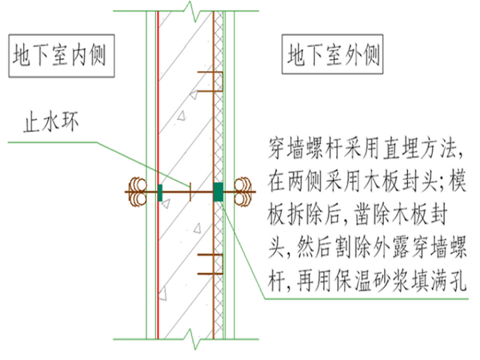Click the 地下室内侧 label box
point(61,56)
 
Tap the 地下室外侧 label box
point(332,56)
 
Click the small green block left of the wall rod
point(160,191)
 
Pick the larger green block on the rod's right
point(218,191)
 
